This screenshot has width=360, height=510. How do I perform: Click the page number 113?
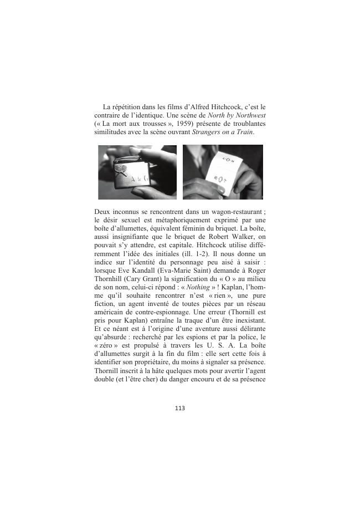coord(179,408)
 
